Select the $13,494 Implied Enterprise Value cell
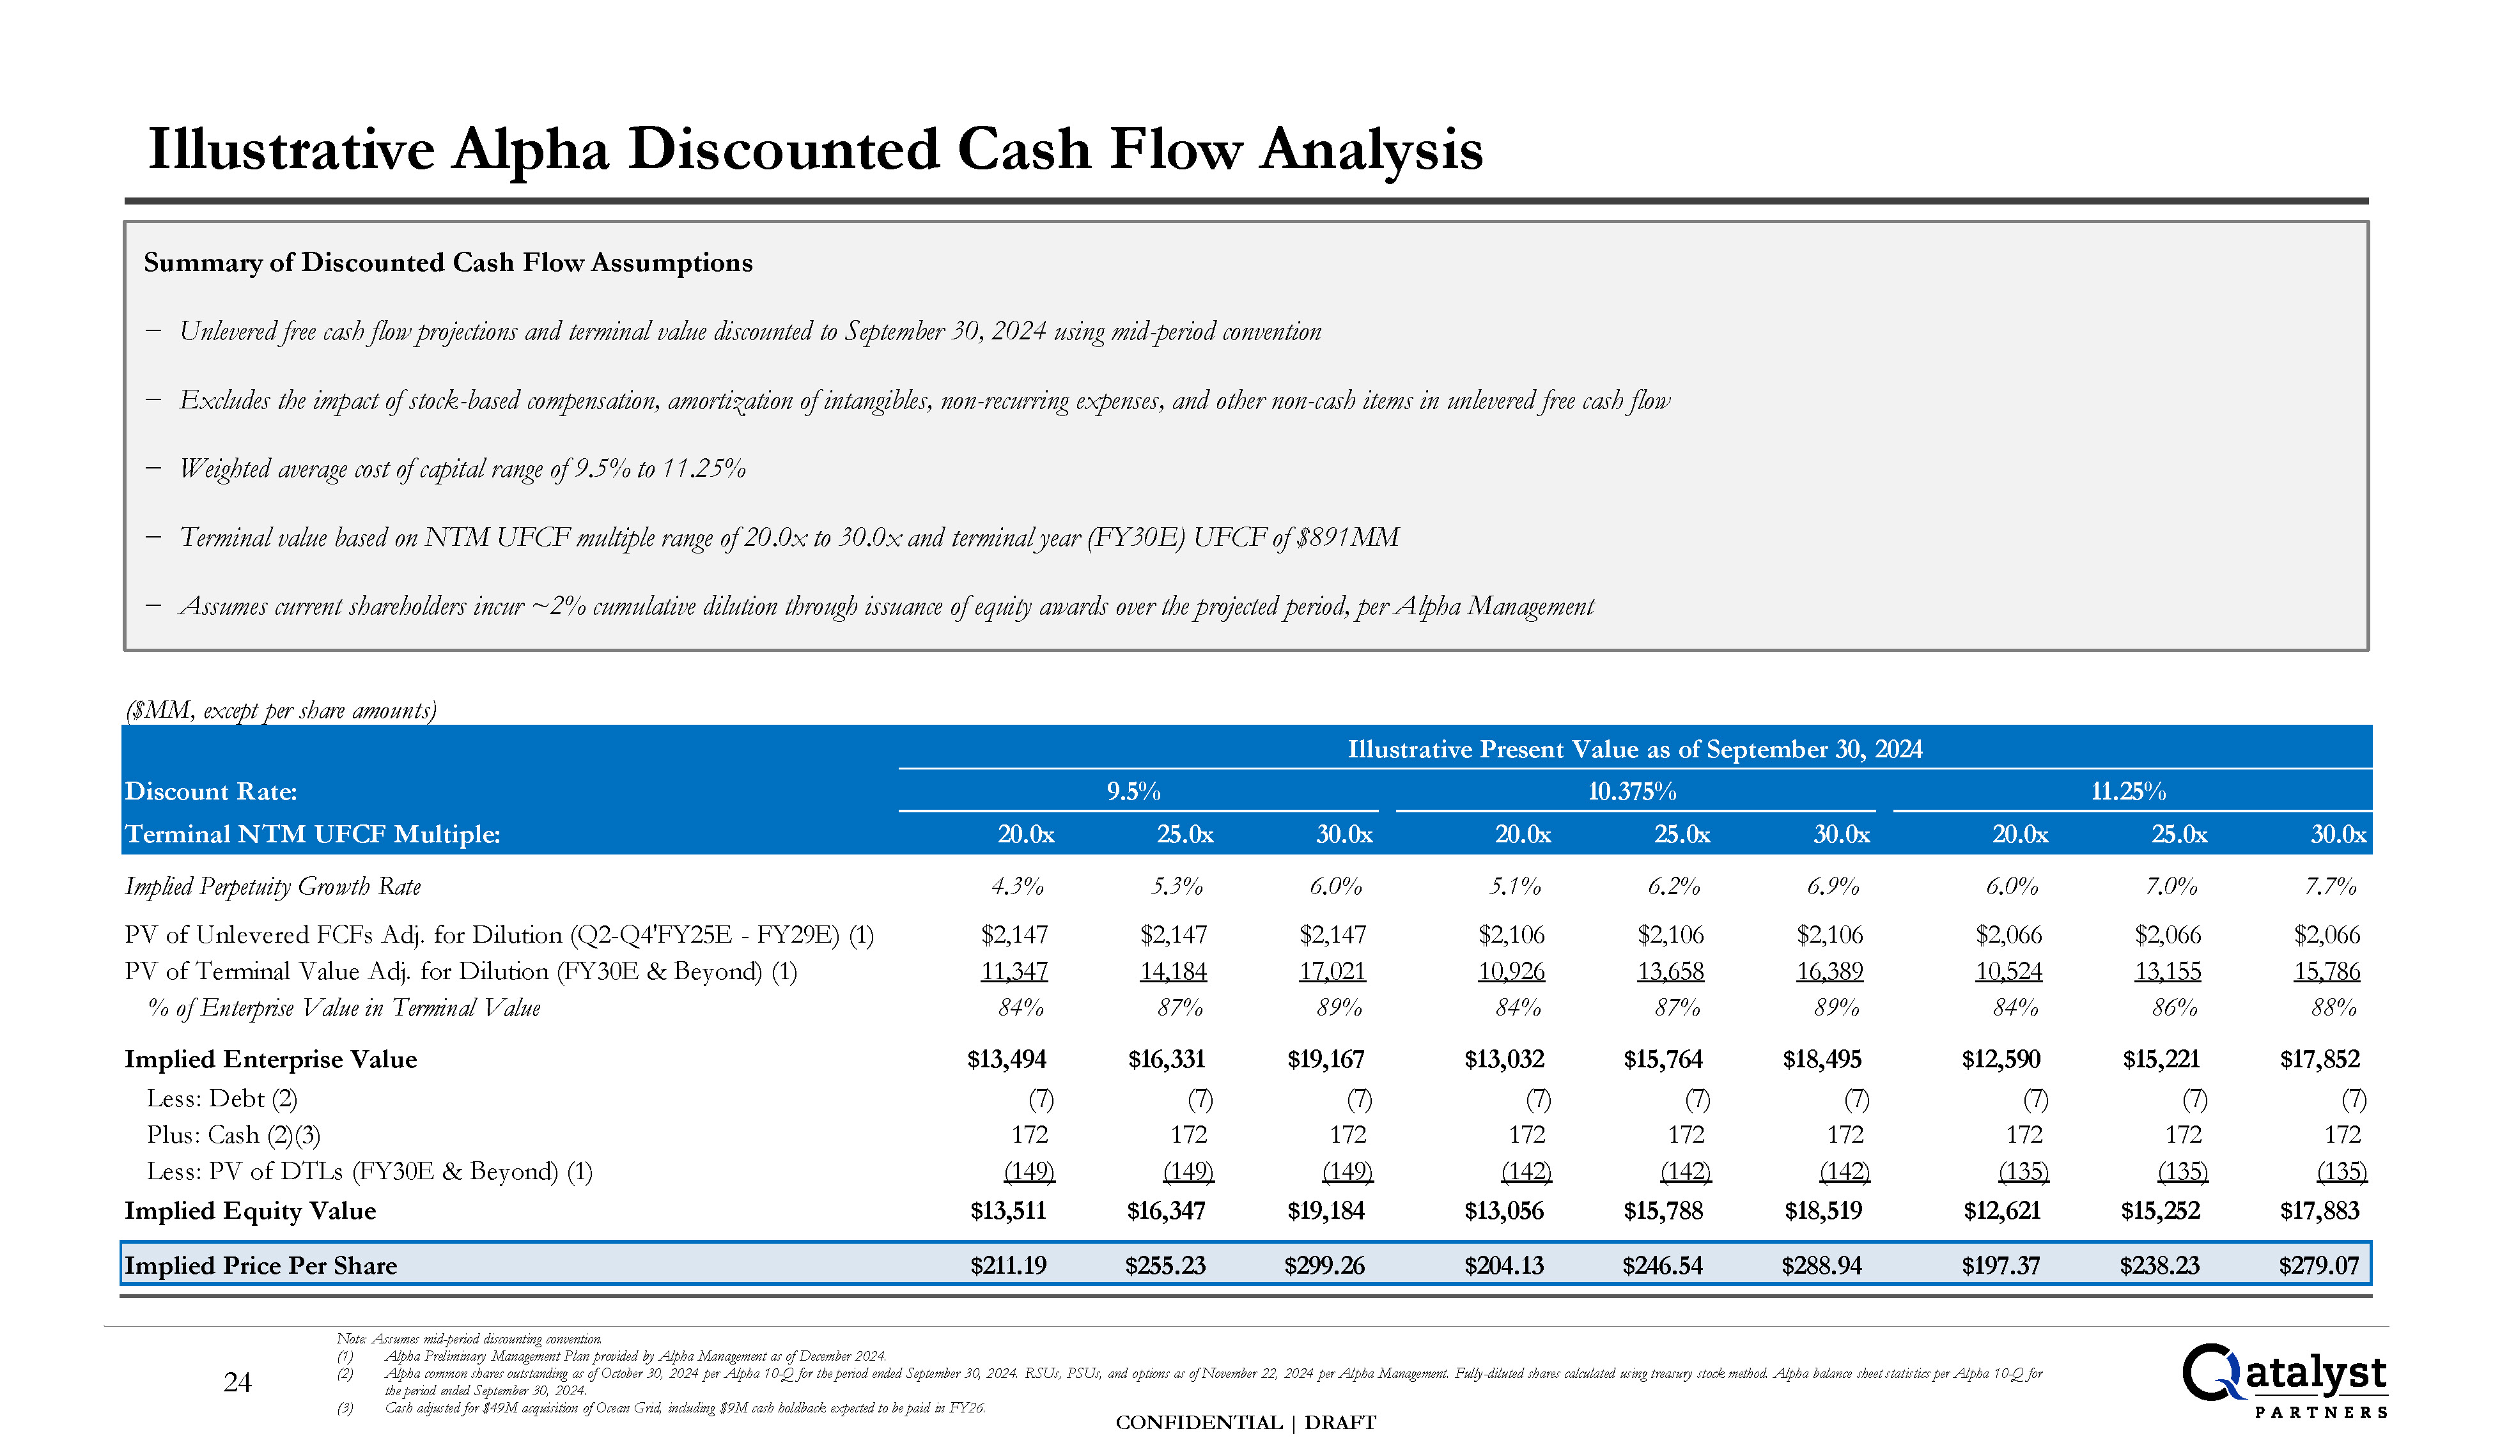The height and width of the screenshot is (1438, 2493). (x=1007, y=1059)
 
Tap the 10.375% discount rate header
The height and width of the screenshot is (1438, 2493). (x=1632, y=791)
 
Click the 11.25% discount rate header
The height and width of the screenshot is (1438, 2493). (x=2129, y=791)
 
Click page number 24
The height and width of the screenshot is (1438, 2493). (x=237, y=1382)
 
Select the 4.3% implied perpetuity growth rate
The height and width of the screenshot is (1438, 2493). (x=1018, y=886)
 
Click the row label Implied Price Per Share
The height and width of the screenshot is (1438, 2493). (x=261, y=1265)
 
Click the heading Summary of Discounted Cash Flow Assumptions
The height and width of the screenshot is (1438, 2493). (x=449, y=263)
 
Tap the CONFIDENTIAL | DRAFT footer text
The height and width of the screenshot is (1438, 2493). (x=1245, y=1422)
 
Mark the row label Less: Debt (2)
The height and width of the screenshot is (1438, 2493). (x=222, y=1098)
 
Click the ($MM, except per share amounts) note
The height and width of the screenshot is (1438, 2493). (x=281, y=710)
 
